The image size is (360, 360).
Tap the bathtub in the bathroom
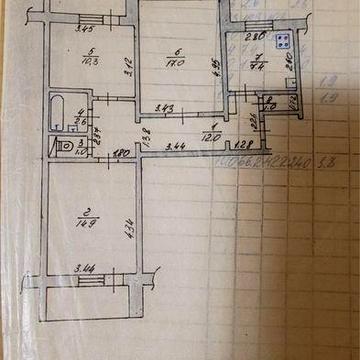click(66, 112)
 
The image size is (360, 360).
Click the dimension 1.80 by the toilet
click(121, 155)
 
